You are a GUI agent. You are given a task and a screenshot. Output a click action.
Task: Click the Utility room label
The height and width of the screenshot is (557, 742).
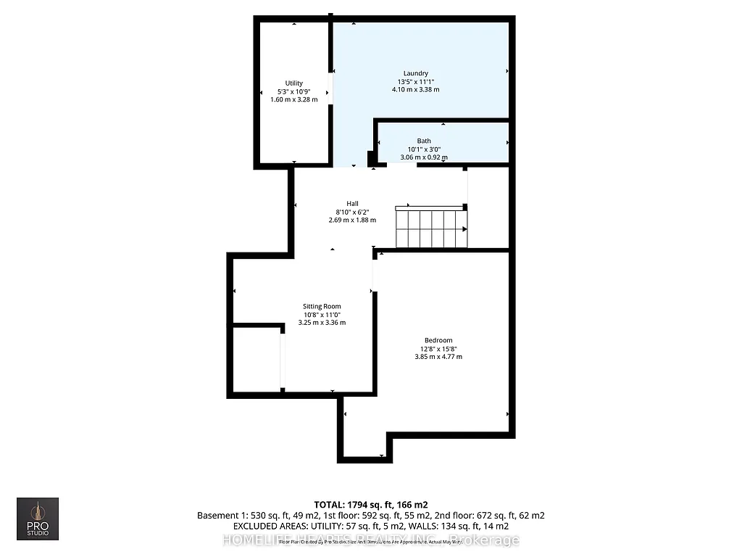(x=293, y=83)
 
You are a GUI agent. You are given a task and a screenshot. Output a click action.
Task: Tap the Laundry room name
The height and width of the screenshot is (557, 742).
(x=416, y=73)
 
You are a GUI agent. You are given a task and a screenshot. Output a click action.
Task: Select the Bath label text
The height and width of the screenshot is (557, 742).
(x=424, y=141)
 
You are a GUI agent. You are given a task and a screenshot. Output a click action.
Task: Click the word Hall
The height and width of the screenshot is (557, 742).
(x=352, y=204)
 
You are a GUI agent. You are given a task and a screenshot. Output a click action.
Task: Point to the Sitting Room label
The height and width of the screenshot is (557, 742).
(x=322, y=306)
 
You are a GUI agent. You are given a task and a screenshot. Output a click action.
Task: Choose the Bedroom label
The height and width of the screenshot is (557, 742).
(x=438, y=340)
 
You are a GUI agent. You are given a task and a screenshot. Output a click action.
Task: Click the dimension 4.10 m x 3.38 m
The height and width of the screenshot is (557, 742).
(x=416, y=90)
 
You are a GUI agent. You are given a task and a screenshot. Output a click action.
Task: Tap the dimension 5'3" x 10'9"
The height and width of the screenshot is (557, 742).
(x=293, y=91)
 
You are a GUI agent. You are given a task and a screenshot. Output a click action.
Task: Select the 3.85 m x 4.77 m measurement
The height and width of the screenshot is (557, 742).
(x=438, y=357)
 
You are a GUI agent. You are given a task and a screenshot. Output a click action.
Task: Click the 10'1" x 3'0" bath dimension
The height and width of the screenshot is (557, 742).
(x=424, y=149)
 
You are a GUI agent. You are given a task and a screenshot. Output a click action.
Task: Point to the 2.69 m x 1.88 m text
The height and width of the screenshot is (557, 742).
(x=352, y=220)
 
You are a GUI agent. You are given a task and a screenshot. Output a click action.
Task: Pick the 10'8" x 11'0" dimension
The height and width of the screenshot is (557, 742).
(x=322, y=314)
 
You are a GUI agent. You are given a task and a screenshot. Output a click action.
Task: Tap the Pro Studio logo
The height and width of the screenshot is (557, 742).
(x=38, y=518)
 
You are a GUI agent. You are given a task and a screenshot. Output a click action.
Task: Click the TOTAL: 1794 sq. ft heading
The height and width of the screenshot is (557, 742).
(x=370, y=504)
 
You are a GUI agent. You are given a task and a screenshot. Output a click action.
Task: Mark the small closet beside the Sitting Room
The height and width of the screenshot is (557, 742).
(x=257, y=359)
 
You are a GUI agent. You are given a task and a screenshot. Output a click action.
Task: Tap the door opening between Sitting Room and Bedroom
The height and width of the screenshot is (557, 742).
(x=375, y=276)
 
